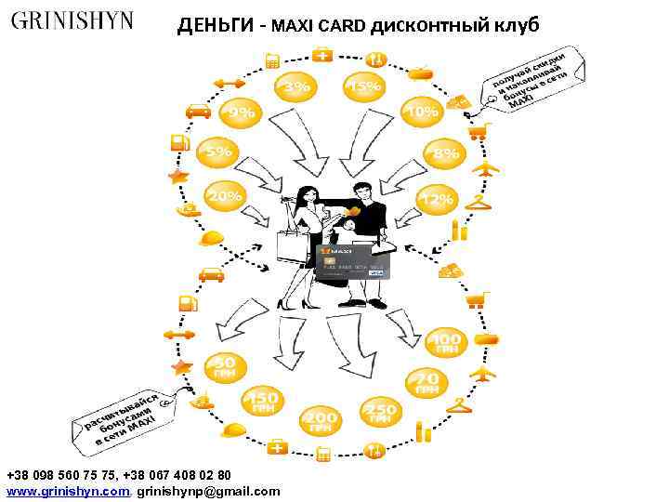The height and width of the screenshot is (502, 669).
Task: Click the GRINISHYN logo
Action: pyautogui.click(x=72, y=20)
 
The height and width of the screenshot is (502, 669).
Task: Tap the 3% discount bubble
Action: pyautogui.click(x=296, y=86)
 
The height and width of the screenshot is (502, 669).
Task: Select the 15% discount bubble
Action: pyautogui.click(x=362, y=87)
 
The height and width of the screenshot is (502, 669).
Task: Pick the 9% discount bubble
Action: pyautogui.click(x=241, y=113)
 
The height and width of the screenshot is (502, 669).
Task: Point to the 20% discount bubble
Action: pyautogui.click(x=224, y=196)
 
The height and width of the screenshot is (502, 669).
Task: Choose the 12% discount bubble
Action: pyautogui.click(x=436, y=199)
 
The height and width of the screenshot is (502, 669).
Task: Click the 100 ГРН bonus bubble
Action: pyautogui.click(x=447, y=343)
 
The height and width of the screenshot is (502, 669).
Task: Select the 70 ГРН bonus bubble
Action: pyautogui.click(x=426, y=381)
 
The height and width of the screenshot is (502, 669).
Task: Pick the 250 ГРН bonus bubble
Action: pyautogui.click(x=379, y=413)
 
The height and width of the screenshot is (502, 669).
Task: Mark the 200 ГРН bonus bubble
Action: pyautogui.click(x=321, y=421)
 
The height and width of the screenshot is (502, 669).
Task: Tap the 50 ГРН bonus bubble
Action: pyautogui.click(x=224, y=366)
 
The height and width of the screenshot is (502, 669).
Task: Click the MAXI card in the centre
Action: pyautogui.click(x=353, y=263)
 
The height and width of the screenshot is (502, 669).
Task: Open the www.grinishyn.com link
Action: pyautogui.click(x=68, y=491)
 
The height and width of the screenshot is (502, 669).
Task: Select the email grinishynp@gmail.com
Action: pyautogui.click(x=208, y=491)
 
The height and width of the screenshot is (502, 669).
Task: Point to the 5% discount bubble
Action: pyautogui.click(x=217, y=151)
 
